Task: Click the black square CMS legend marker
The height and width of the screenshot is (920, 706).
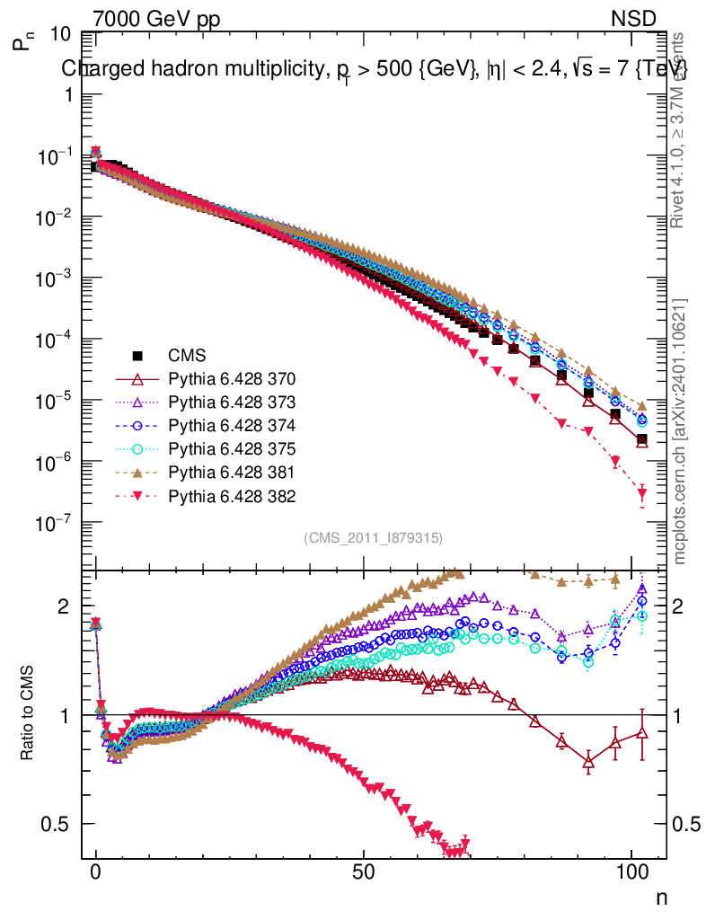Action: click(x=137, y=355)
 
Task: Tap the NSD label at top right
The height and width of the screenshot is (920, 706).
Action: click(x=634, y=18)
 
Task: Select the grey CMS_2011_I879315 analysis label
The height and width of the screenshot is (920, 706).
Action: click(x=373, y=538)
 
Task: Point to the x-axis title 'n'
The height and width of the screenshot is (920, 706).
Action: click(x=660, y=897)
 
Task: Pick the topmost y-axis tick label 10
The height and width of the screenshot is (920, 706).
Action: click(x=61, y=34)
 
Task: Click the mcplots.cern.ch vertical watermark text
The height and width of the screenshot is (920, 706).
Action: click(x=681, y=431)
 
